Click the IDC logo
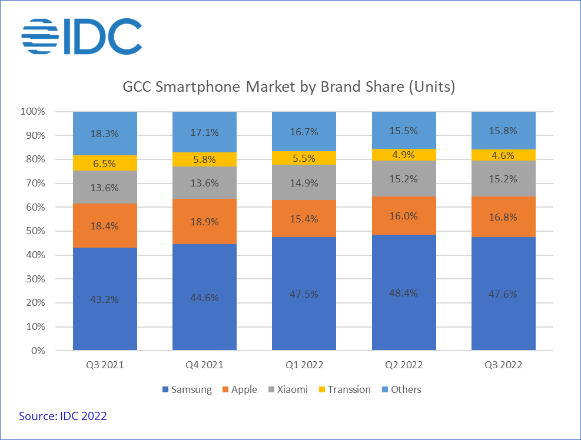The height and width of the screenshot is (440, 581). [82, 36]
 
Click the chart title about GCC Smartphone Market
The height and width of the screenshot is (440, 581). [289, 88]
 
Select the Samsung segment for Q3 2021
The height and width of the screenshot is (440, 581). [105, 299]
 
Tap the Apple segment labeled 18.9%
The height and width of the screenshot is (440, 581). [204, 221]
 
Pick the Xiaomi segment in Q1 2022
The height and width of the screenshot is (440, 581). [304, 182]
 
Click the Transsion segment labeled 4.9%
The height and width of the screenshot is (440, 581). [404, 155]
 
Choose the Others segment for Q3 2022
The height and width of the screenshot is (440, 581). [503, 131]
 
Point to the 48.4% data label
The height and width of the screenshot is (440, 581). [404, 293]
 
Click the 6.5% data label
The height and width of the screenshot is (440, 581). [105, 163]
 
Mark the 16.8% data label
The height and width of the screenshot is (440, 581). [503, 217]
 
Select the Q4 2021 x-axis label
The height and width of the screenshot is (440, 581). [204, 365]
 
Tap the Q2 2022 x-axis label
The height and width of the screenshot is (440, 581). [404, 365]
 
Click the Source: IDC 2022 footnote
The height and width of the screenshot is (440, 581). [63, 416]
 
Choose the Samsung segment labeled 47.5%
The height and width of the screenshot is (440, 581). [304, 294]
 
